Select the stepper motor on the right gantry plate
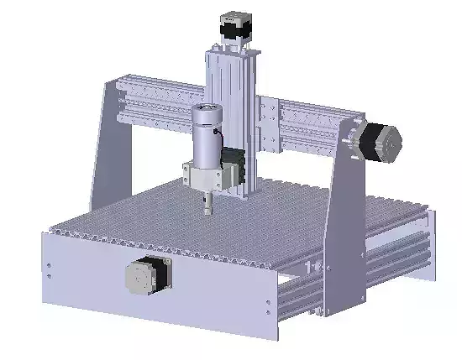point(384,143)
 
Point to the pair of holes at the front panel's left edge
point(50,268)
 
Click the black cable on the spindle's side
point(218,134)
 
